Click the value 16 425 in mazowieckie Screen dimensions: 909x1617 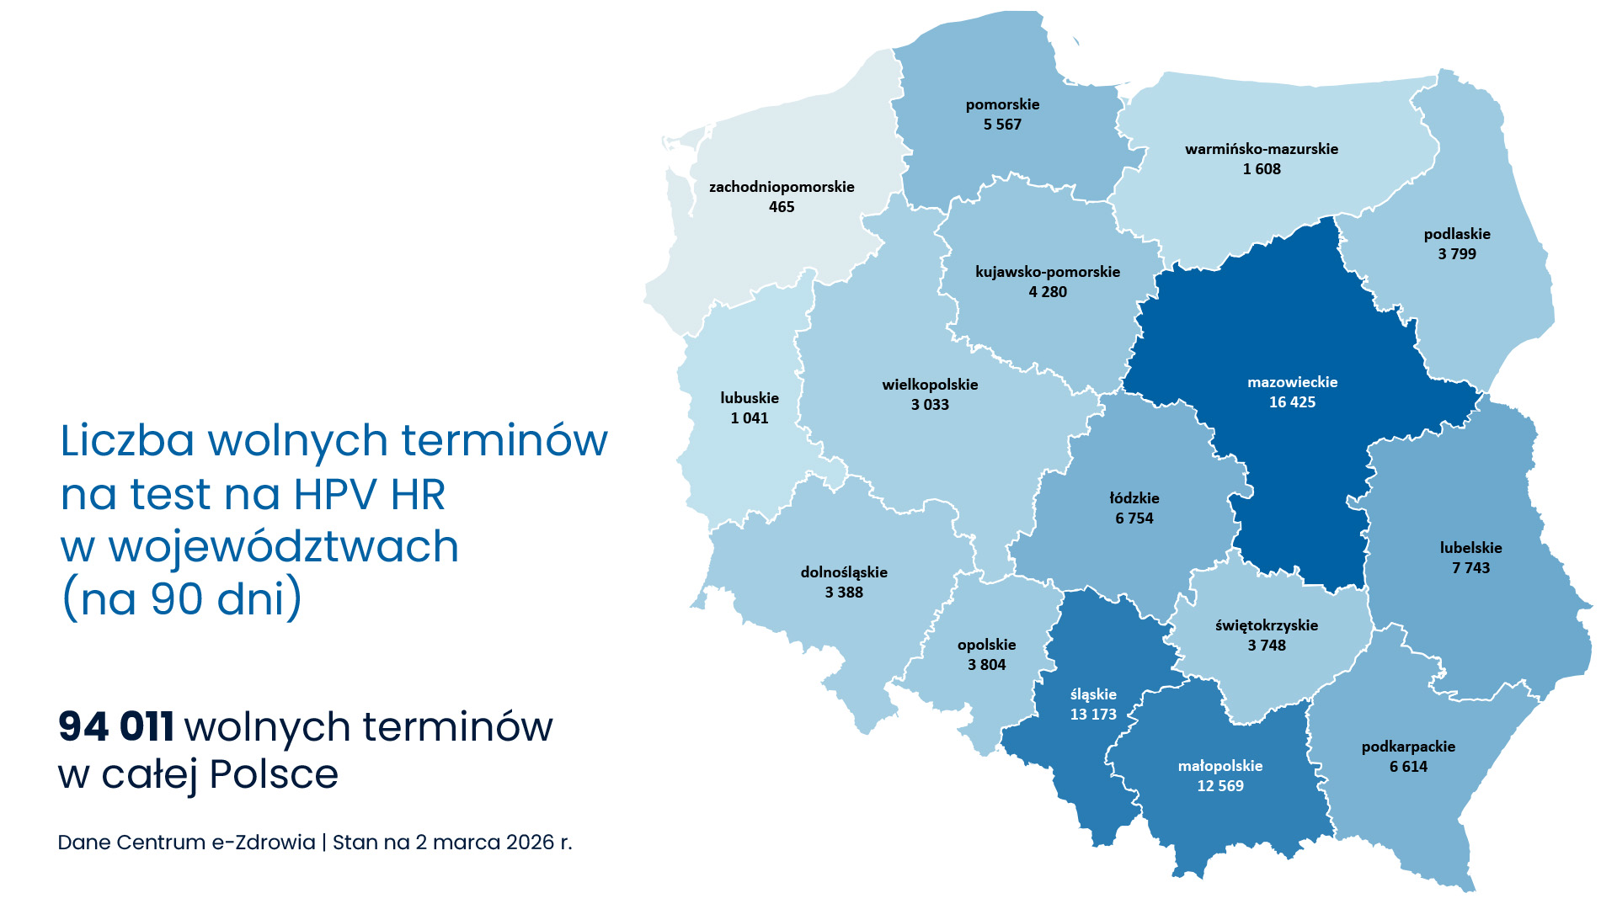(x=1292, y=402)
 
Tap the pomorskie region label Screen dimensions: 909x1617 (x=1002, y=104)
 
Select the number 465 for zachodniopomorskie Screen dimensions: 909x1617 (x=782, y=207)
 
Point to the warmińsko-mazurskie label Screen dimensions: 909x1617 (x=1262, y=149)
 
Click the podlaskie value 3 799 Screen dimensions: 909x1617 (x=1457, y=254)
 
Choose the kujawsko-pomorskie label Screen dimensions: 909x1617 (x=1048, y=272)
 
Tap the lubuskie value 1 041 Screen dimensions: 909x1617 (x=750, y=418)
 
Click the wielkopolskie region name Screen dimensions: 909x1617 (x=930, y=385)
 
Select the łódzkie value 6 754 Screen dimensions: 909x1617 (x=1134, y=518)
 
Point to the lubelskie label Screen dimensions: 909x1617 (x=1470, y=548)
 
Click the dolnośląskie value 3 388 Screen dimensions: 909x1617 (x=844, y=593)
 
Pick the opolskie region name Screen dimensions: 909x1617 (x=986, y=645)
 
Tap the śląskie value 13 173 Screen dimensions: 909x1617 (x=1093, y=715)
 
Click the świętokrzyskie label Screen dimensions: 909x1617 (x=1267, y=625)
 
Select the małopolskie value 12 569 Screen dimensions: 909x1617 (x=1220, y=786)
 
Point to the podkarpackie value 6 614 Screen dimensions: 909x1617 (x=1408, y=767)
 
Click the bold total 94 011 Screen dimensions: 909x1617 (x=116, y=726)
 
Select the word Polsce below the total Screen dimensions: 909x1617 (x=274, y=774)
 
